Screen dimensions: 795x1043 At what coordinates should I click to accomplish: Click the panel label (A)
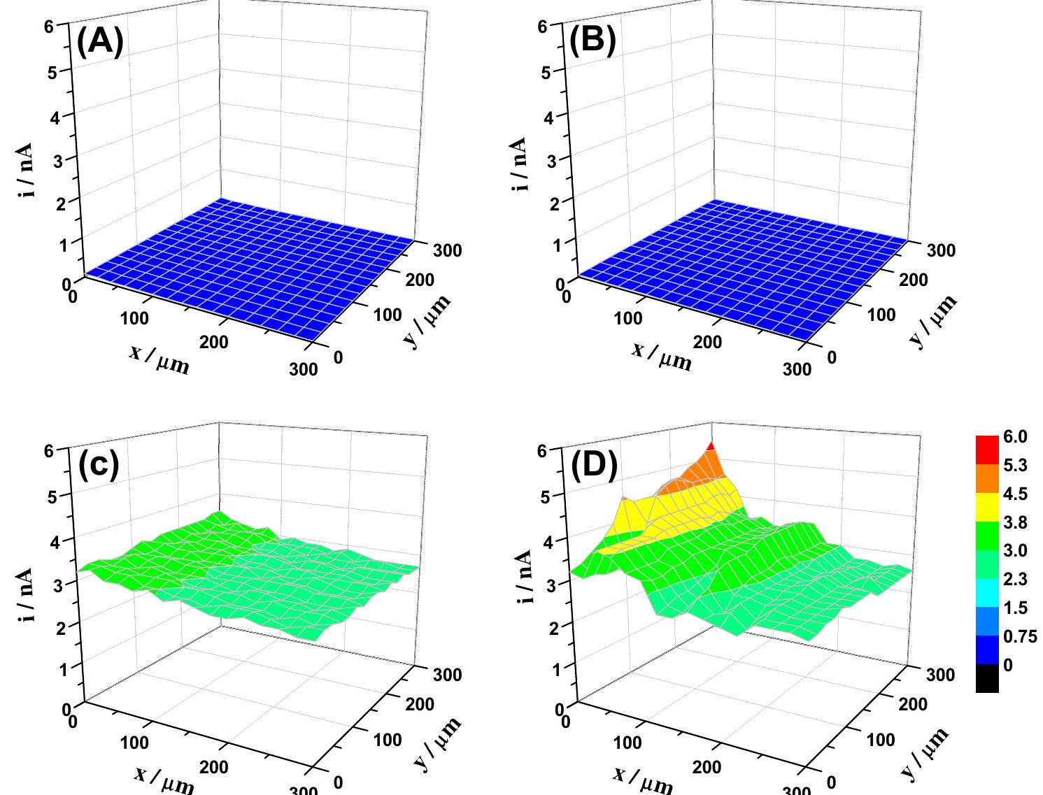click(100, 42)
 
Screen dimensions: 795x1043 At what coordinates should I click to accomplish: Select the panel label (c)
click(99, 465)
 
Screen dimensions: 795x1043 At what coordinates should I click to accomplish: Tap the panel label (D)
click(594, 466)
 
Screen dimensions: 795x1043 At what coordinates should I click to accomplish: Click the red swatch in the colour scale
click(987, 450)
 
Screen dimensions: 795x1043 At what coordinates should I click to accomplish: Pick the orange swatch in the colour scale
click(987, 478)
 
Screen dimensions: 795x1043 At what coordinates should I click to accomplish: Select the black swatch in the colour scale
click(987, 678)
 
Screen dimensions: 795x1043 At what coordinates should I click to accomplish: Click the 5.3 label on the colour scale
click(1015, 465)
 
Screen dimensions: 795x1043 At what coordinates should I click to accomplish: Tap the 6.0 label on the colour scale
click(1015, 436)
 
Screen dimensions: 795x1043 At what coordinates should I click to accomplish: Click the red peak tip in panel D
click(711, 446)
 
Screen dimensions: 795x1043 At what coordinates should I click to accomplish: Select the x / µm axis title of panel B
click(662, 357)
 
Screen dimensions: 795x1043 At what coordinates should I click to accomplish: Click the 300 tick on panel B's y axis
click(941, 250)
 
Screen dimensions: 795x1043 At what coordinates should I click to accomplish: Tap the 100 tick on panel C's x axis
click(134, 743)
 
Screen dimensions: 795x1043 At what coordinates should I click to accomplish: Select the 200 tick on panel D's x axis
click(707, 767)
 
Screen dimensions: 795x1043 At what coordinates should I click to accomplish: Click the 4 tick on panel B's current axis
click(551, 117)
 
